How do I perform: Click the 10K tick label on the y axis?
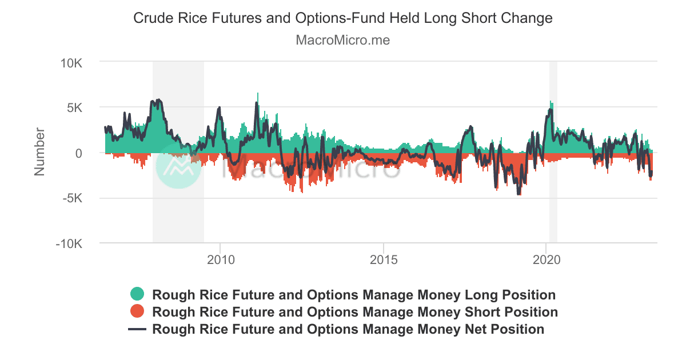(x=71, y=62)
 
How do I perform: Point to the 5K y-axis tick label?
(x=74, y=107)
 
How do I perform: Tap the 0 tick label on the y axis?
(x=79, y=153)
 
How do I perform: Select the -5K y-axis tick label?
(x=73, y=199)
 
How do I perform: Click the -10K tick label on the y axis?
(x=70, y=244)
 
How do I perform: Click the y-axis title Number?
(x=39, y=152)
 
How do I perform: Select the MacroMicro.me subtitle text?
(x=343, y=41)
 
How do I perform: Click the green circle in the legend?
(x=137, y=295)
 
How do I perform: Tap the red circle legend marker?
(x=137, y=312)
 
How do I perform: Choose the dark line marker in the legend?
(x=137, y=329)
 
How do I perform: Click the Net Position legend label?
(x=348, y=329)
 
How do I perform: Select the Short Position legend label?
(x=355, y=312)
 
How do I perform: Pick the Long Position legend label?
(x=354, y=295)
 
